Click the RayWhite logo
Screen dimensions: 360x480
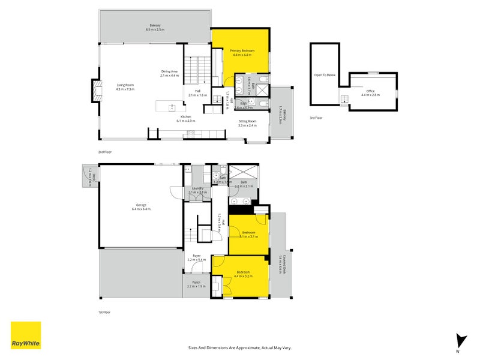pos(26,335)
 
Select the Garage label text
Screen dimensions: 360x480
pos(141,208)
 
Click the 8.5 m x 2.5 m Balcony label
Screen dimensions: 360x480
pos(155,27)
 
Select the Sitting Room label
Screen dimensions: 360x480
pos(247,123)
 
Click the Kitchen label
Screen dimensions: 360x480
pos(186,118)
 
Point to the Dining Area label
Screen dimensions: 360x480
pos(169,73)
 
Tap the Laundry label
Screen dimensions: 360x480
pos(198,190)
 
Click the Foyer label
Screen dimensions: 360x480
pos(197,257)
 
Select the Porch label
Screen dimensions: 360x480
pos(196,284)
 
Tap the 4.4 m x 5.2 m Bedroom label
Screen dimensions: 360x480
pos(244,274)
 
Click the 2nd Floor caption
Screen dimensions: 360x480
pos(105,152)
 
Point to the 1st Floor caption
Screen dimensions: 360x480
pos(105,312)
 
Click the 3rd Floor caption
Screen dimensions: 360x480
pos(316,118)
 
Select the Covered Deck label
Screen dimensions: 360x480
pos(282,264)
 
